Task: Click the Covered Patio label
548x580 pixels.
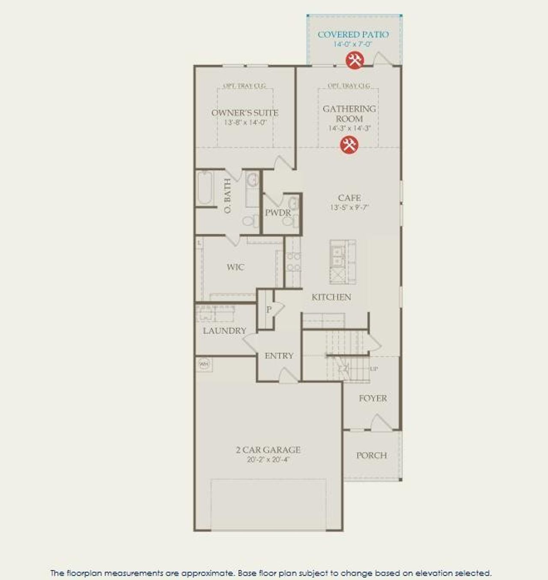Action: pyautogui.click(x=353, y=35)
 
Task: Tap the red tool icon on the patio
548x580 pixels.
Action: pyautogui.click(x=354, y=60)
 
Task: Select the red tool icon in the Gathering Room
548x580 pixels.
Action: pyautogui.click(x=349, y=145)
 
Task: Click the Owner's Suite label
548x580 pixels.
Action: pyautogui.click(x=245, y=113)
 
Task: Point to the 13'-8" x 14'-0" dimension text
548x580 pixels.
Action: pyautogui.click(x=245, y=122)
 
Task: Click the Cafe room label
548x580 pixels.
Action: pyautogui.click(x=349, y=198)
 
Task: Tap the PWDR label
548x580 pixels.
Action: pyautogui.click(x=277, y=213)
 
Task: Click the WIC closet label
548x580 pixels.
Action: pyautogui.click(x=235, y=267)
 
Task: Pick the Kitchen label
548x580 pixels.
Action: pyautogui.click(x=331, y=297)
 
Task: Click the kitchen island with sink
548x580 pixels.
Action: pyautogui.click(x=342, y=262)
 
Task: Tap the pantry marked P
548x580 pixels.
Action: pyautogui.click(x=269, y=310)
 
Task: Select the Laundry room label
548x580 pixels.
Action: pyautogui.click(x=224, y=331)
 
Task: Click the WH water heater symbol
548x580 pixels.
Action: pyautogui.click(x=204, y=364)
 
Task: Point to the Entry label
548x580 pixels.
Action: pyautogui.click(x=279, y=356)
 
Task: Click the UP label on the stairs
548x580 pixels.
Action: pyautogui.click(x=374, y=369)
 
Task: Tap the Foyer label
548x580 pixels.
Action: pyautogui.click(x=373, y=398)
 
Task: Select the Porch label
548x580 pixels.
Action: pyautogui.click(x=371, y=456)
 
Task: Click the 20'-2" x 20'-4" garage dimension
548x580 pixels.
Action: pyautogui.click(x=268, y=460)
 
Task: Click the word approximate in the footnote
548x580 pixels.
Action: pyautogui.click(x=207, y=573)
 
